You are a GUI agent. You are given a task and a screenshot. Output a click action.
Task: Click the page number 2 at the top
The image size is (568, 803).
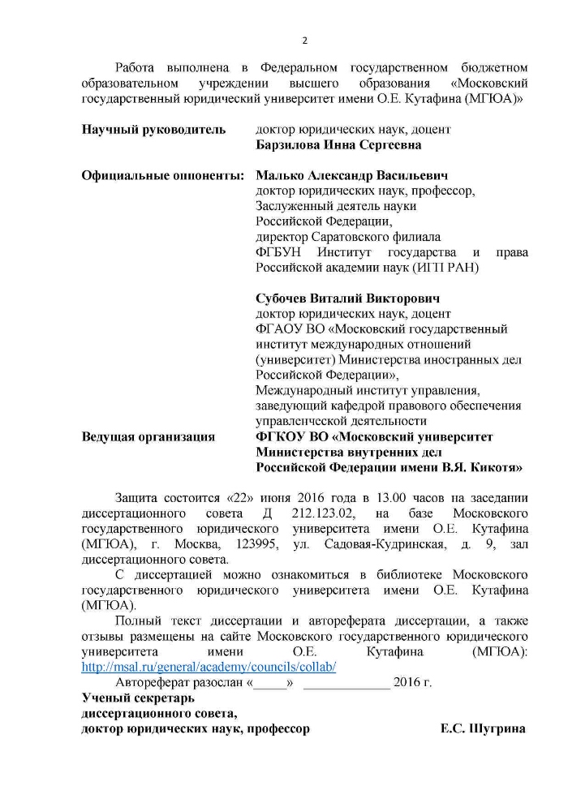(305, 41)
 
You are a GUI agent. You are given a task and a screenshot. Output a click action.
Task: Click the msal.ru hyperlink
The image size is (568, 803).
(209, 667)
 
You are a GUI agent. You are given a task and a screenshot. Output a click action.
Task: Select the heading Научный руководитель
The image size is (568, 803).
(153, 130)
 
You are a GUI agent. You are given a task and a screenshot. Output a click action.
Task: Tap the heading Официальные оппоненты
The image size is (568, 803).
(162, 176)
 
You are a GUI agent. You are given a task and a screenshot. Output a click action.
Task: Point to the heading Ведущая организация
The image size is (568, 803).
(148, 436)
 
